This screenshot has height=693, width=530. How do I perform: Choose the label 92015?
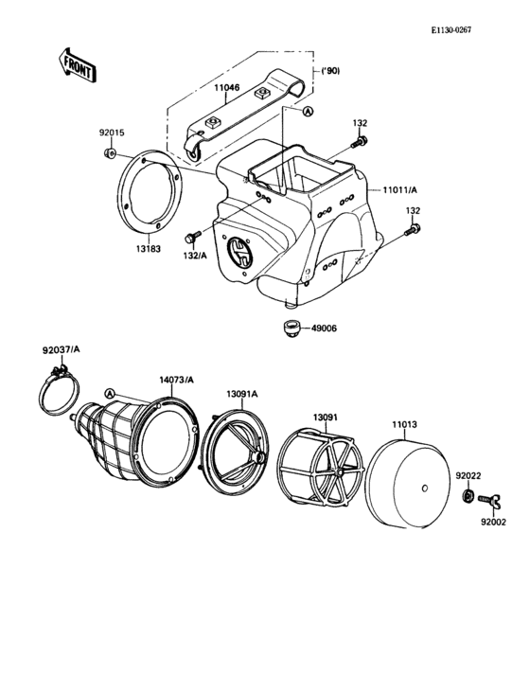click(113, 134)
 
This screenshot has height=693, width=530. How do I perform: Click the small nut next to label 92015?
click(111, 152)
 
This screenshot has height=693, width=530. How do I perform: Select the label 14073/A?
click(176, 379)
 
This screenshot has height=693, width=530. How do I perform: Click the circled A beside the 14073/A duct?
click(111, 393)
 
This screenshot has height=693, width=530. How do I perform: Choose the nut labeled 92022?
click(468, 497)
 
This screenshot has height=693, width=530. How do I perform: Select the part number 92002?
click(493, 521)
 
